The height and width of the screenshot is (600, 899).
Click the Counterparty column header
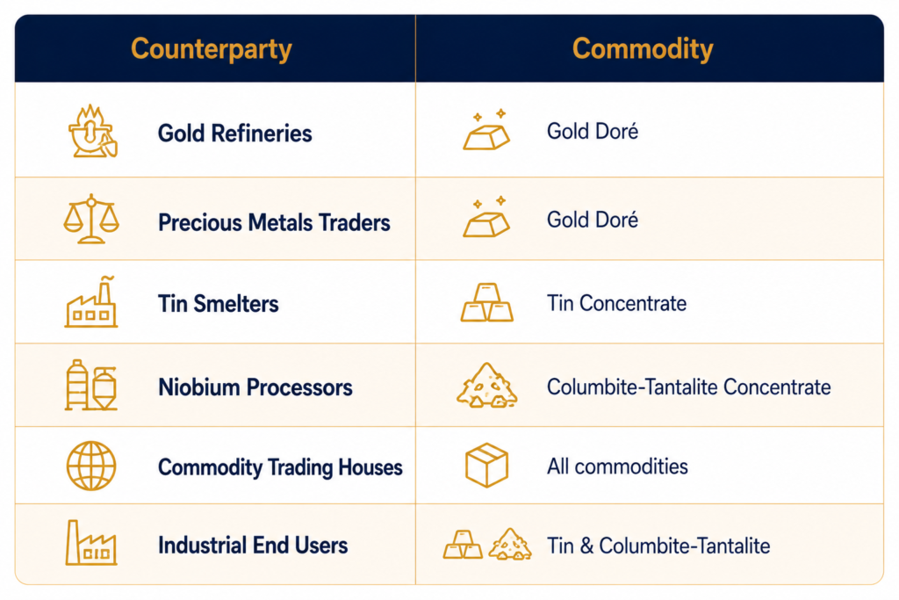point(211,49)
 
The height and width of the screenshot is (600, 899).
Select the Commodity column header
point(643,49)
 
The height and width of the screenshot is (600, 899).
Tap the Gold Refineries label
point(235,133)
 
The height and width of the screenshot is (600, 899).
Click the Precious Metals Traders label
point(274,222)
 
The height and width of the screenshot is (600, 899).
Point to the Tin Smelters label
point(219,303)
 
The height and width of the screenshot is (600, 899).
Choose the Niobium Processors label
point(255,387)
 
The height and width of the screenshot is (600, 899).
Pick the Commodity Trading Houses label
point(280,467)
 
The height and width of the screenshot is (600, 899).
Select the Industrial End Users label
point(253,545)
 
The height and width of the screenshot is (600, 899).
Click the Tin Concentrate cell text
point(616,303)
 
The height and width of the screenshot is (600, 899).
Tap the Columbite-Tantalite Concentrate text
point(688,387)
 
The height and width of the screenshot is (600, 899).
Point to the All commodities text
point(617,466)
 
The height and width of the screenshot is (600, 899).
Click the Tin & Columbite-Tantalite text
point(658,546)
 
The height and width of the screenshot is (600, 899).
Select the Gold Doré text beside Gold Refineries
point(593,132)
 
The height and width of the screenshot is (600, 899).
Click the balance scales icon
point(91,219)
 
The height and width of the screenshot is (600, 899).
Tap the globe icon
point(91,466)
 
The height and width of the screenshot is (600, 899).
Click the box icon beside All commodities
point(486,466)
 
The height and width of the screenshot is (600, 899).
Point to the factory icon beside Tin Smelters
point(91,302)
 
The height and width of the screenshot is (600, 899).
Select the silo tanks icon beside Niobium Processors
point(91,386)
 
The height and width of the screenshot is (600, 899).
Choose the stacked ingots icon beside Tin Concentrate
point(486,302)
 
